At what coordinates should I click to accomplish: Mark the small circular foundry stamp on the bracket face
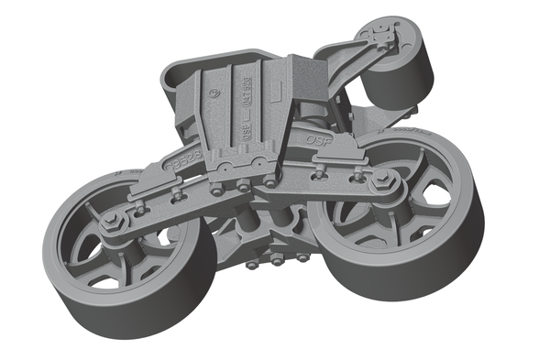[x=214, y=93]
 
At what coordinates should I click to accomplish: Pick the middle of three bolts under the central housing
[x=276, y=260]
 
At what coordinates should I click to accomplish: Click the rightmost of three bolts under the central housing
[x=302, y=257]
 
